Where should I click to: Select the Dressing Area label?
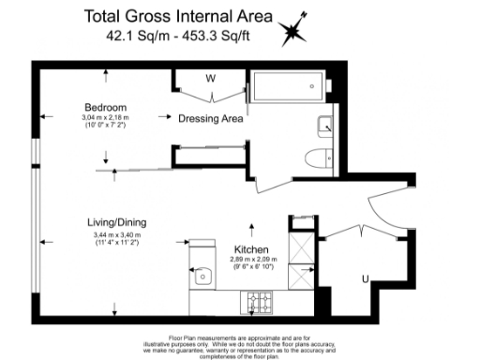(x=211, y=119)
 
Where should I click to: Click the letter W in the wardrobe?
(x=211, y=78)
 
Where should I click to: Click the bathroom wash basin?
(x=323, y=123)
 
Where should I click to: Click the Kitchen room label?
(x=250, y=248)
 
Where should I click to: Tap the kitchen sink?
(x=202, y=277)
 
